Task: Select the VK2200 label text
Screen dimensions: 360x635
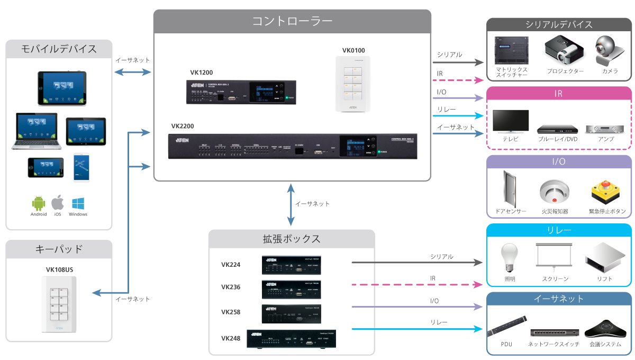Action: [x=182, y=127]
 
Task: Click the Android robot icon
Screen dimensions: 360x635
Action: [x=38, y=203]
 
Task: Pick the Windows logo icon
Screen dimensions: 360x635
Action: [x=78, y=203]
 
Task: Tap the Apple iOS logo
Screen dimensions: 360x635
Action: [x=58, y=203]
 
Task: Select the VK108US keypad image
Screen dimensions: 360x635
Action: [x=59, y=303]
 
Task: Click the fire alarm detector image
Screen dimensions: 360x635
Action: [x=554, y=192]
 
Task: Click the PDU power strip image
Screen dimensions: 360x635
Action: [x=506, y=326]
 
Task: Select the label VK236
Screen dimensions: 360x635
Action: [x=231, y=287]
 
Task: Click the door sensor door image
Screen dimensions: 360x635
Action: [x=510, y=189]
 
